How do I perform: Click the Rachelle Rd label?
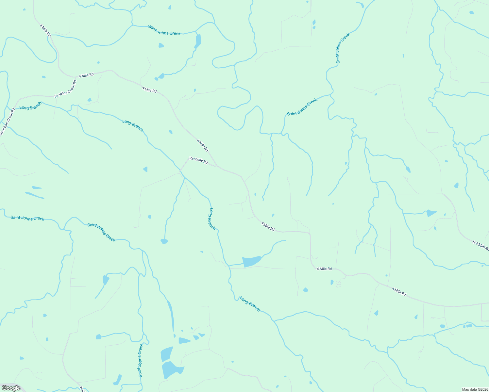click(198, 160)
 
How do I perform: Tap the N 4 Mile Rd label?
click(480, 245)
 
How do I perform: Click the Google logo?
click(11, 388)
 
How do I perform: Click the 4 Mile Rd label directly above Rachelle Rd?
click(202, 145)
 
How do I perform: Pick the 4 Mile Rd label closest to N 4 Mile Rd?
click(399, 291)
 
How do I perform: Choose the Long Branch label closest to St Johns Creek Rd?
click(31, 106)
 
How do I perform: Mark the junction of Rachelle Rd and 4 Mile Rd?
click(217, 166)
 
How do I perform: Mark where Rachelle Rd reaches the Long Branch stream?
click(181, 170)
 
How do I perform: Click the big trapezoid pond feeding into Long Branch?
click(251, 261)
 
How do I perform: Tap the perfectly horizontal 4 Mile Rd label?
click(324, 269)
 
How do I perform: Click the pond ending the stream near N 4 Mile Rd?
click(431, 213)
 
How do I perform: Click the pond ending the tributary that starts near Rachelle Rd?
click(164, 241)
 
